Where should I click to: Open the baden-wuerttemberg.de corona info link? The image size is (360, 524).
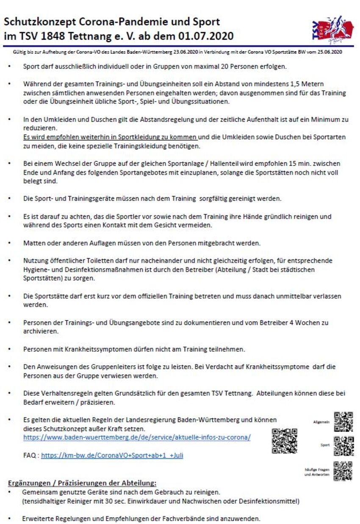pyautogui.click(x=136, y=437)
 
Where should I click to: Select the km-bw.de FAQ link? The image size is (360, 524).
pyautogui.click(x=112, y=456)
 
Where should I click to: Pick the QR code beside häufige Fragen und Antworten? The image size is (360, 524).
pyautogui.click(x=343, y=470)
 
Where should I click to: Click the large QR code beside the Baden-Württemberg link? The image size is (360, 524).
pyautogui.click(x=284, y=441)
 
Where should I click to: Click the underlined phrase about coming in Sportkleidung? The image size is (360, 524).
pyautogui.click(x=110, y=138)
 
